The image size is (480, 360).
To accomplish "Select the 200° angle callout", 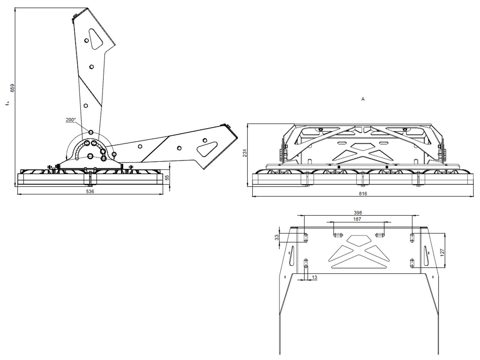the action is [70, 120].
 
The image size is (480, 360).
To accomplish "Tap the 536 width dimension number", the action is [90, 191].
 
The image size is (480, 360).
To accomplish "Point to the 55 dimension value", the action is [167, 178].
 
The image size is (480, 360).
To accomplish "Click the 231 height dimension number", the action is [245, 153].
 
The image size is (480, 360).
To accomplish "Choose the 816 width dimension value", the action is [363, 194].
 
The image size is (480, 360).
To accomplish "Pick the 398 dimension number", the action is [358, 212].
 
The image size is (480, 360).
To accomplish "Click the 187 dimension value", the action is [357, 219].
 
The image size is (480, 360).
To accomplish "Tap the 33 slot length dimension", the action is [277, 237].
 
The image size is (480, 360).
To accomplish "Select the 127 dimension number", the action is [442, 252].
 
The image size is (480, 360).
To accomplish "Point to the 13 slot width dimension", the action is [314, 277].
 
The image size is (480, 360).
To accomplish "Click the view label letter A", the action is [363, 99].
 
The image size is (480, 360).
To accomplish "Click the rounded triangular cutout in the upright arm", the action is [95, 39].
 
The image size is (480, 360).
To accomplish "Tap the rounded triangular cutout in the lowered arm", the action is [207, 149].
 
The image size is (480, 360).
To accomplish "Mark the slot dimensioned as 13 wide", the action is [306, 263].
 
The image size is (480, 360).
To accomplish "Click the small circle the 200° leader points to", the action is [91, 132].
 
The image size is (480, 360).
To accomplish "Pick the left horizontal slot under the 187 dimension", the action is [338, 235].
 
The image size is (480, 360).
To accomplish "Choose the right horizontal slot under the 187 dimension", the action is [379, 235].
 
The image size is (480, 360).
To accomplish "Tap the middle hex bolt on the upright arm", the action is [91, 67].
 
